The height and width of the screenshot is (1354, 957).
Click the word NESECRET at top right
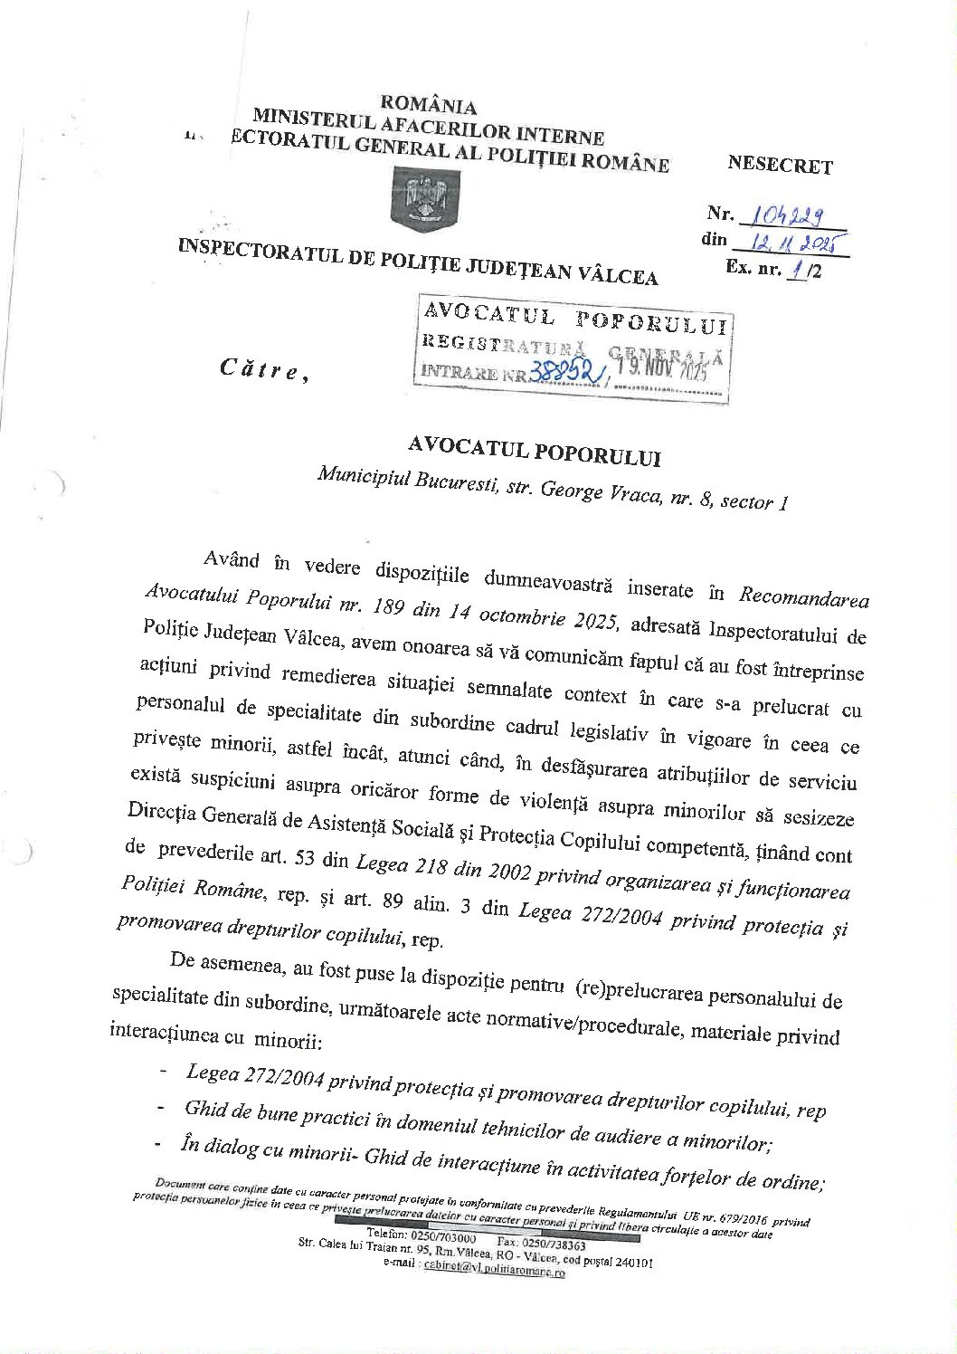tap(779, 166)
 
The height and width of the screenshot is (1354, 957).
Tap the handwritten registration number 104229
tap(791, 215)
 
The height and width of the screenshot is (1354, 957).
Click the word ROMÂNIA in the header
tap(428, 106)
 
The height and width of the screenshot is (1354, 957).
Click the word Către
tap(258, 369)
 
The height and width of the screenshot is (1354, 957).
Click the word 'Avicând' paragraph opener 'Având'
tap(232, 560)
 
